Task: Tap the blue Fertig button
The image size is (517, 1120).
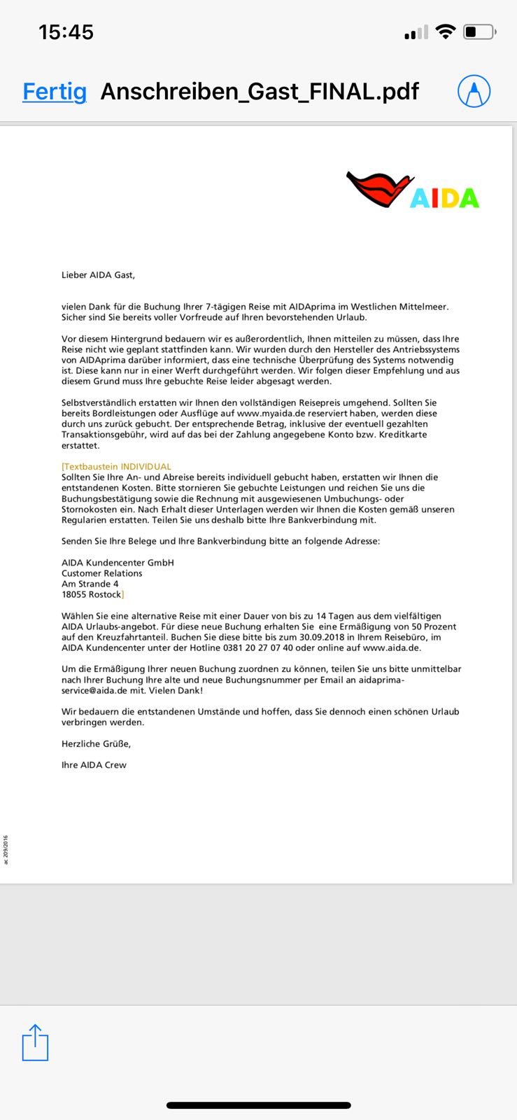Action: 55,92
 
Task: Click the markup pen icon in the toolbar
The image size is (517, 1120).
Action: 474,91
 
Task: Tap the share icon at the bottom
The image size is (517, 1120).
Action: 35,1042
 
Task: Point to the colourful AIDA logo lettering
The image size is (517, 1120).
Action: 444,198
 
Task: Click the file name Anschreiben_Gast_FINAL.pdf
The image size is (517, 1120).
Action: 260,92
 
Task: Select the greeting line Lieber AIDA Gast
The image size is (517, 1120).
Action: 98,275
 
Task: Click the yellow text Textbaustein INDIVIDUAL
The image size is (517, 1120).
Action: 116,466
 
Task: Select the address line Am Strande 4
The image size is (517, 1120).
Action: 90,584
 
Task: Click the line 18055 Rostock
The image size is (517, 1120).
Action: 91,594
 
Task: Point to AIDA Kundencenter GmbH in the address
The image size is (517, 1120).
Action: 118,562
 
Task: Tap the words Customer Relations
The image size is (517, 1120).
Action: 101,573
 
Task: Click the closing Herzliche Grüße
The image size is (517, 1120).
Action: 96,743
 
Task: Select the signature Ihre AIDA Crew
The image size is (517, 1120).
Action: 94,765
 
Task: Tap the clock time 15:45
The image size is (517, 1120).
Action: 66,31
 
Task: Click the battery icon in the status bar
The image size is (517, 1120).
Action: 480,31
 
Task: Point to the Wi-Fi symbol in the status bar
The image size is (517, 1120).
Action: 445,31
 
